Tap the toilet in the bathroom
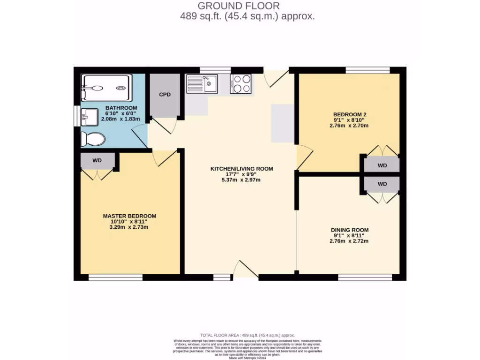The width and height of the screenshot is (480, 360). point(92,139)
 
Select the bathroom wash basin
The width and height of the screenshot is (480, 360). point(89,116)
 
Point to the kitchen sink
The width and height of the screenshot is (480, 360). point(202,83)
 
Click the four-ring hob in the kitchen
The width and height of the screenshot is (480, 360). point(240,83)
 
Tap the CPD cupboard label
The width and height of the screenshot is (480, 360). point(165,95)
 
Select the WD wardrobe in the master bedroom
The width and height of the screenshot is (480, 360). point(97,161)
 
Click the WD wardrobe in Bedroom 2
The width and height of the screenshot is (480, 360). point(382,165)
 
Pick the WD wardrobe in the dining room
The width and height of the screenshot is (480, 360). point(382,184)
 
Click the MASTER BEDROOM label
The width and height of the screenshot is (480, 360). point(129,216)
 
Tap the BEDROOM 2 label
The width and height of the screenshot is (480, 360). point(349,114)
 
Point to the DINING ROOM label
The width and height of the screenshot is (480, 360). point(349,230)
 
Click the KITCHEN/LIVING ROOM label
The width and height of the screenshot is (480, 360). point(241,169)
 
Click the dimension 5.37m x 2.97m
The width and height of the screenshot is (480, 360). point(241,180)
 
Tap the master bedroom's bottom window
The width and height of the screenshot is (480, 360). point(115,277)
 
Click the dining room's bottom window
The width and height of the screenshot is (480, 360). point(365,277)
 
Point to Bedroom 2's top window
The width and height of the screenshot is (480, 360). point(367,70)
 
